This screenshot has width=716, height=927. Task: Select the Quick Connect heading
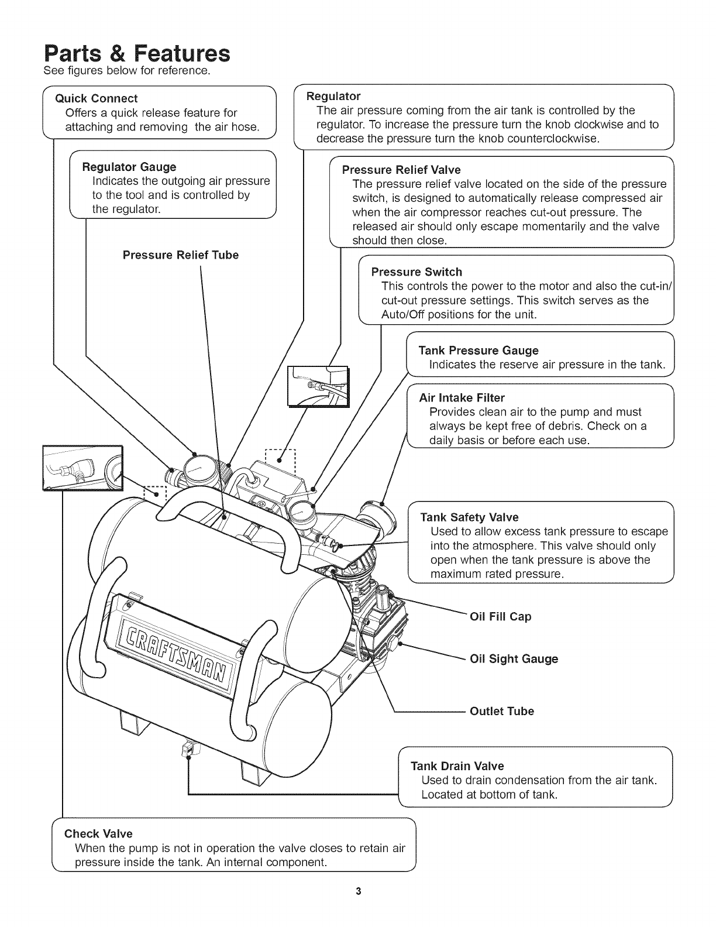[96, 98]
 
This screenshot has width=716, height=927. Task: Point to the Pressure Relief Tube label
[180, 255]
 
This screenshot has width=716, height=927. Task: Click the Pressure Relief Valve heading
[401, 170]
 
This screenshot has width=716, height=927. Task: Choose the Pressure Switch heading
[416, 272]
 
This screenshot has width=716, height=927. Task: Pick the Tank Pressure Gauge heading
[478, 351]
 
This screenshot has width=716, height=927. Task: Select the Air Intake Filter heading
[462, 398]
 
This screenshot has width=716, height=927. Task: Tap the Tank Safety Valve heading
[469, 517]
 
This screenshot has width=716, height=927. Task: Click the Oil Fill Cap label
[501, 617]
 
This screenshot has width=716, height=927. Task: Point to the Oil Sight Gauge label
[514, 659]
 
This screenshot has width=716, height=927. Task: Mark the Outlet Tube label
[502, 712]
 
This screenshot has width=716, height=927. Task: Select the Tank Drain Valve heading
[457, 766]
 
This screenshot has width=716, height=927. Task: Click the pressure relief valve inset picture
[317, 385]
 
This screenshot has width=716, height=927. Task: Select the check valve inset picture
[82, 466]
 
